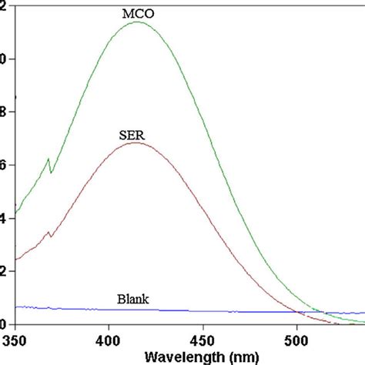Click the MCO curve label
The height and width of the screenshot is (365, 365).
click(138, 13)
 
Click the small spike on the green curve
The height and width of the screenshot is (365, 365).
click(49, 159)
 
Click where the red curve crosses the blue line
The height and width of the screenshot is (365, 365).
click(296, 312)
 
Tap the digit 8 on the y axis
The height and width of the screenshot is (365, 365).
click(2, 112)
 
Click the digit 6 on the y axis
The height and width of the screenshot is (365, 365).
click(2, 165)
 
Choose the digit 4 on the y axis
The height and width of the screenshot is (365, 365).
click(2, 218)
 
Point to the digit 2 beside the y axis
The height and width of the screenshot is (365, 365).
click(2, 271)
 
